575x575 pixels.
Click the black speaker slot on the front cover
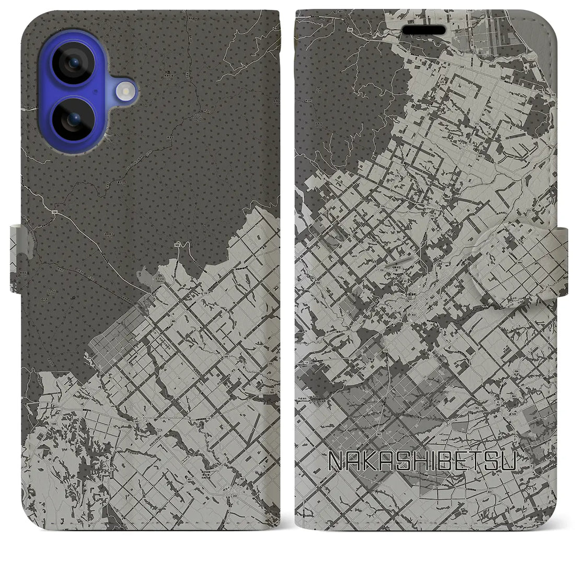[423, 30]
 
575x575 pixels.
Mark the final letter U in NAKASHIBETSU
[509, 460]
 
